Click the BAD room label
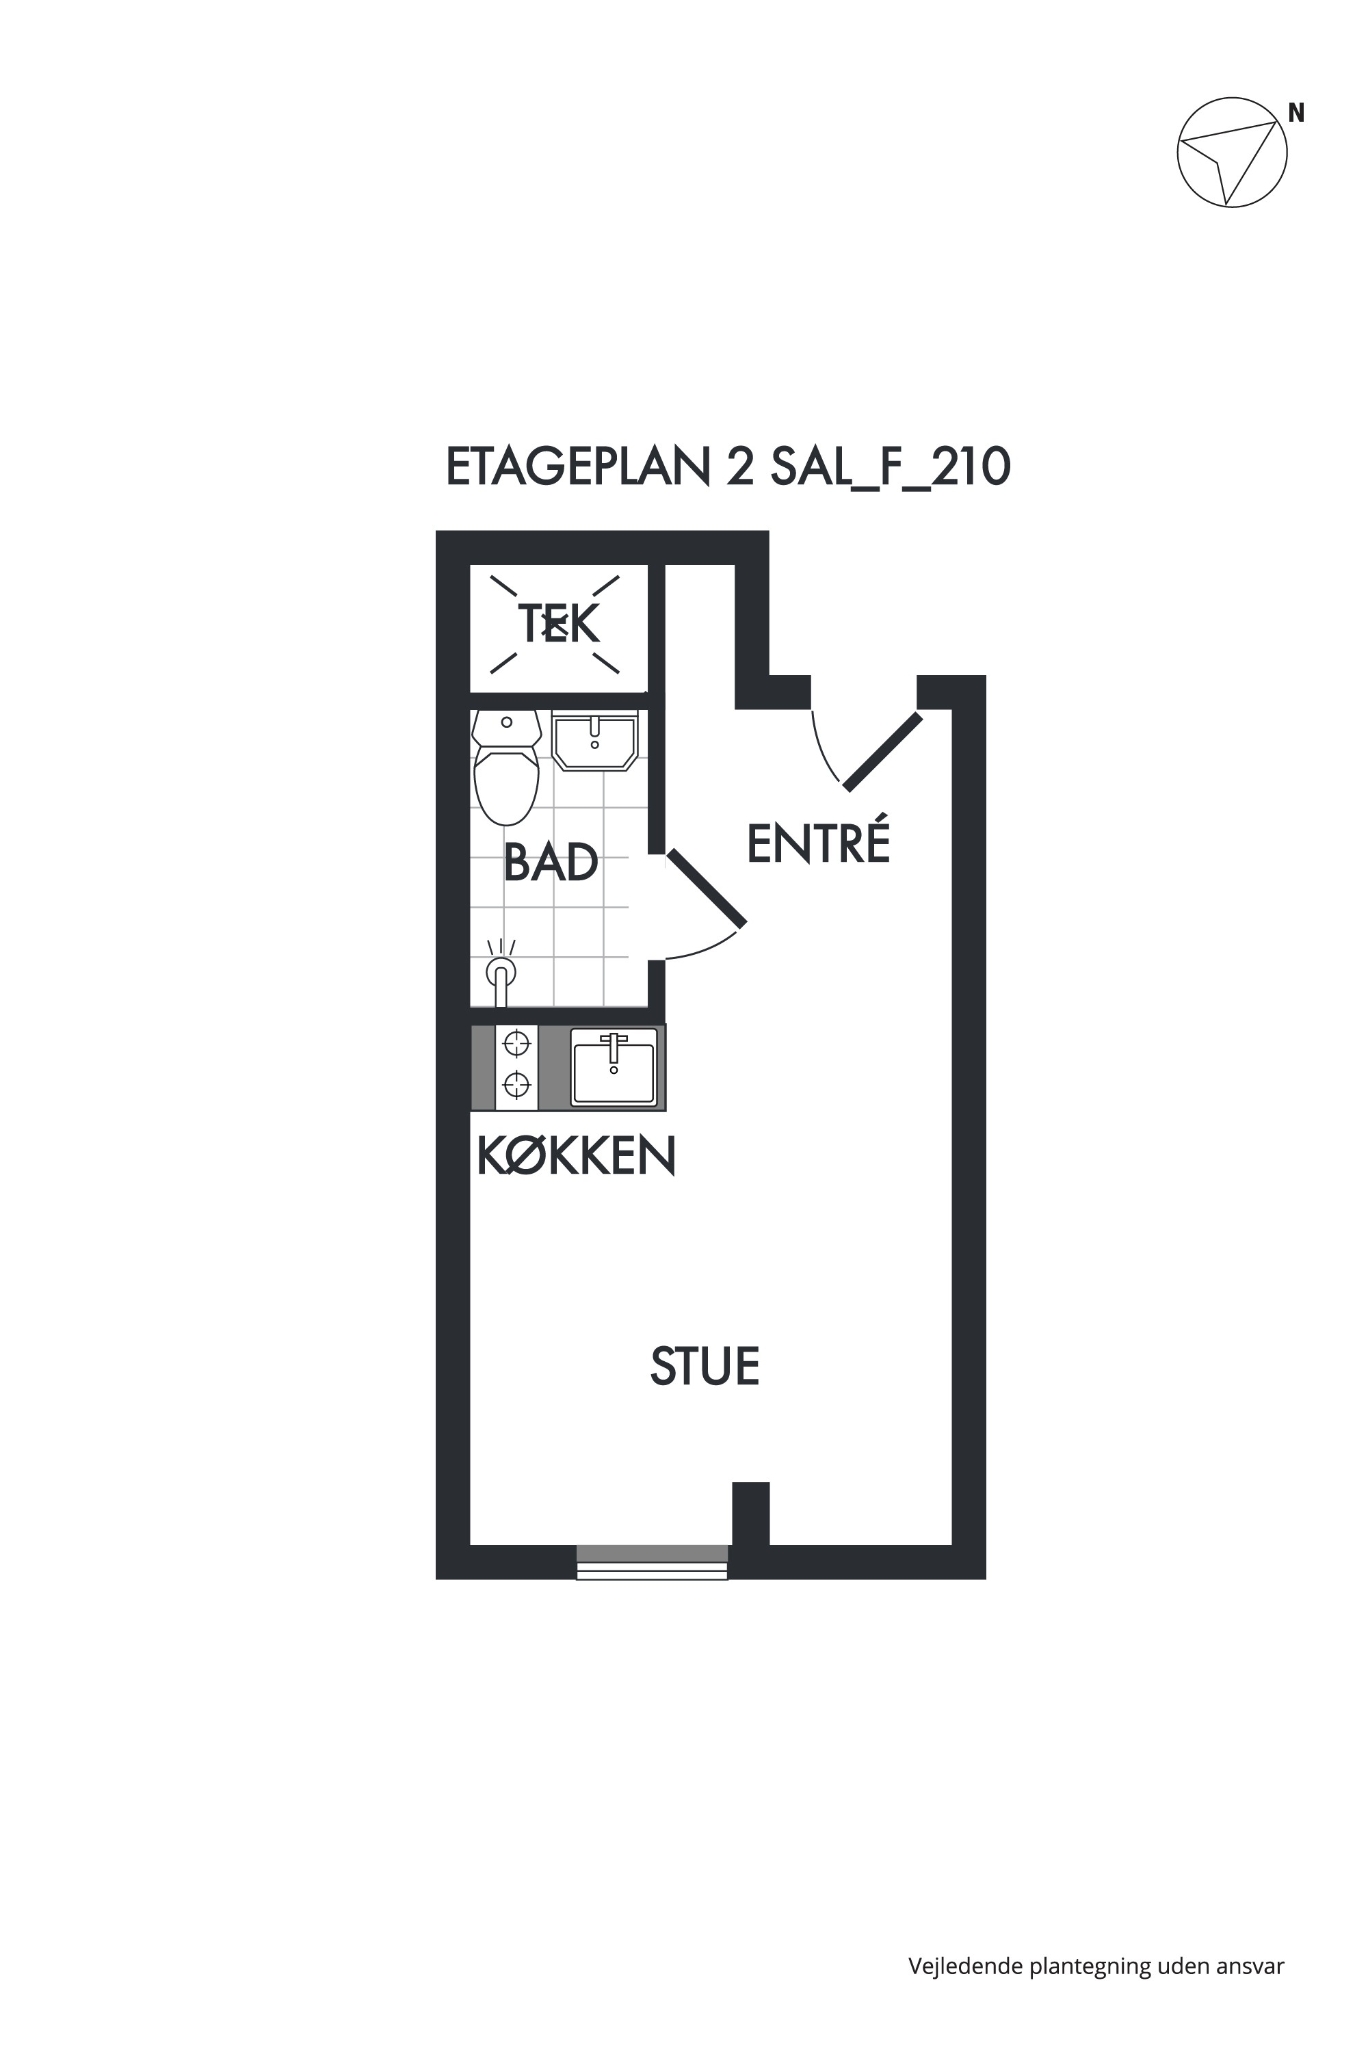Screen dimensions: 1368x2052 tap(551, 862)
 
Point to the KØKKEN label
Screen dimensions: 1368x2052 tap(577, 1156)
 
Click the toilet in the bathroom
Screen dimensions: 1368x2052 tap(506, 767)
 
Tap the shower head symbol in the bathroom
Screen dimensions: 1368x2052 tap(501, 975)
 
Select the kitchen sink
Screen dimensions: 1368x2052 tap(614, 1067)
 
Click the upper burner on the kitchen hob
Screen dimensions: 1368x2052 tap(517, 1042)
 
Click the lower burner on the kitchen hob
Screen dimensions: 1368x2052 tap(517, 1084)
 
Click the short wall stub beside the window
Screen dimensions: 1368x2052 tap(750, 1514)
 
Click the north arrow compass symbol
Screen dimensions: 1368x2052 tap(1232, 152)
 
